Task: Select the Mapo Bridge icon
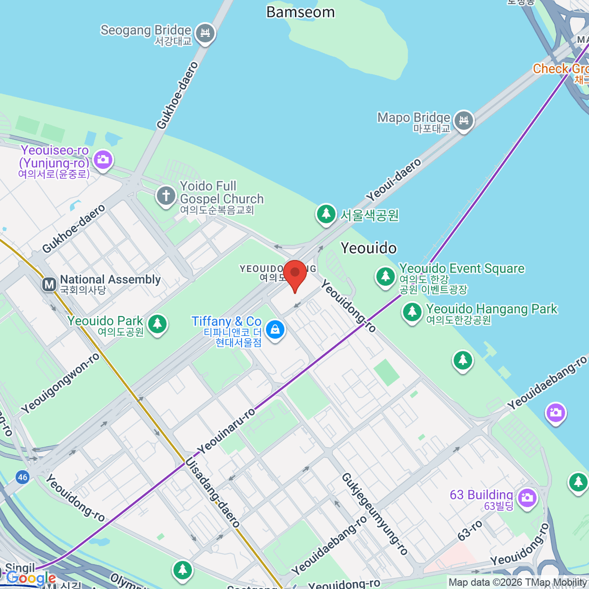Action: coord(463,120)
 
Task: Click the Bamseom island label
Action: coord(300,12)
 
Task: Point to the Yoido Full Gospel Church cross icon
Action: coord(166,196)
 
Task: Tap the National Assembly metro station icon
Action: coord(49,284)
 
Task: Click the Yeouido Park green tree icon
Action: coord(157,324)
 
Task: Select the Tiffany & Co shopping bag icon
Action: coord(275,330)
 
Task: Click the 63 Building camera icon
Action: coord(527,497)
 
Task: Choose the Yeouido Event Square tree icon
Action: coord(385,276)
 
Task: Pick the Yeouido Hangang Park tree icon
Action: coord(412,312)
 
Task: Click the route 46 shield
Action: coord(22,477)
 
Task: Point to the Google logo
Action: coord(30,579)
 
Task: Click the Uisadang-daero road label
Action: coord(212,492)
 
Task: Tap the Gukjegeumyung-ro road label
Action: coord(375,513)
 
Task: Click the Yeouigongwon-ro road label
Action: coord(60,383)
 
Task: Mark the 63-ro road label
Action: coord(470,531)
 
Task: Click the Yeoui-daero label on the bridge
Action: coord(393,180)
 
